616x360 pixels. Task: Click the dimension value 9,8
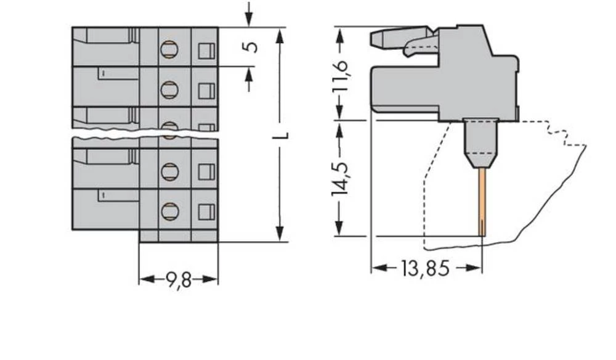[x=178, y=280]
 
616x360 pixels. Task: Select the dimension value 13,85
[x=425, y=269]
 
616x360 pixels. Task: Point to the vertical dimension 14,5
[x=341, y=179]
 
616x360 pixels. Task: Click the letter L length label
[x=282, y=136]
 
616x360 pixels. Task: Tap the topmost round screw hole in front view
[x=168, y=49]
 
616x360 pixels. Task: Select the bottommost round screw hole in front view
[x=168, y=211]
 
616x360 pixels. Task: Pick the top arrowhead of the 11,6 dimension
[x=339, y=32]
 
